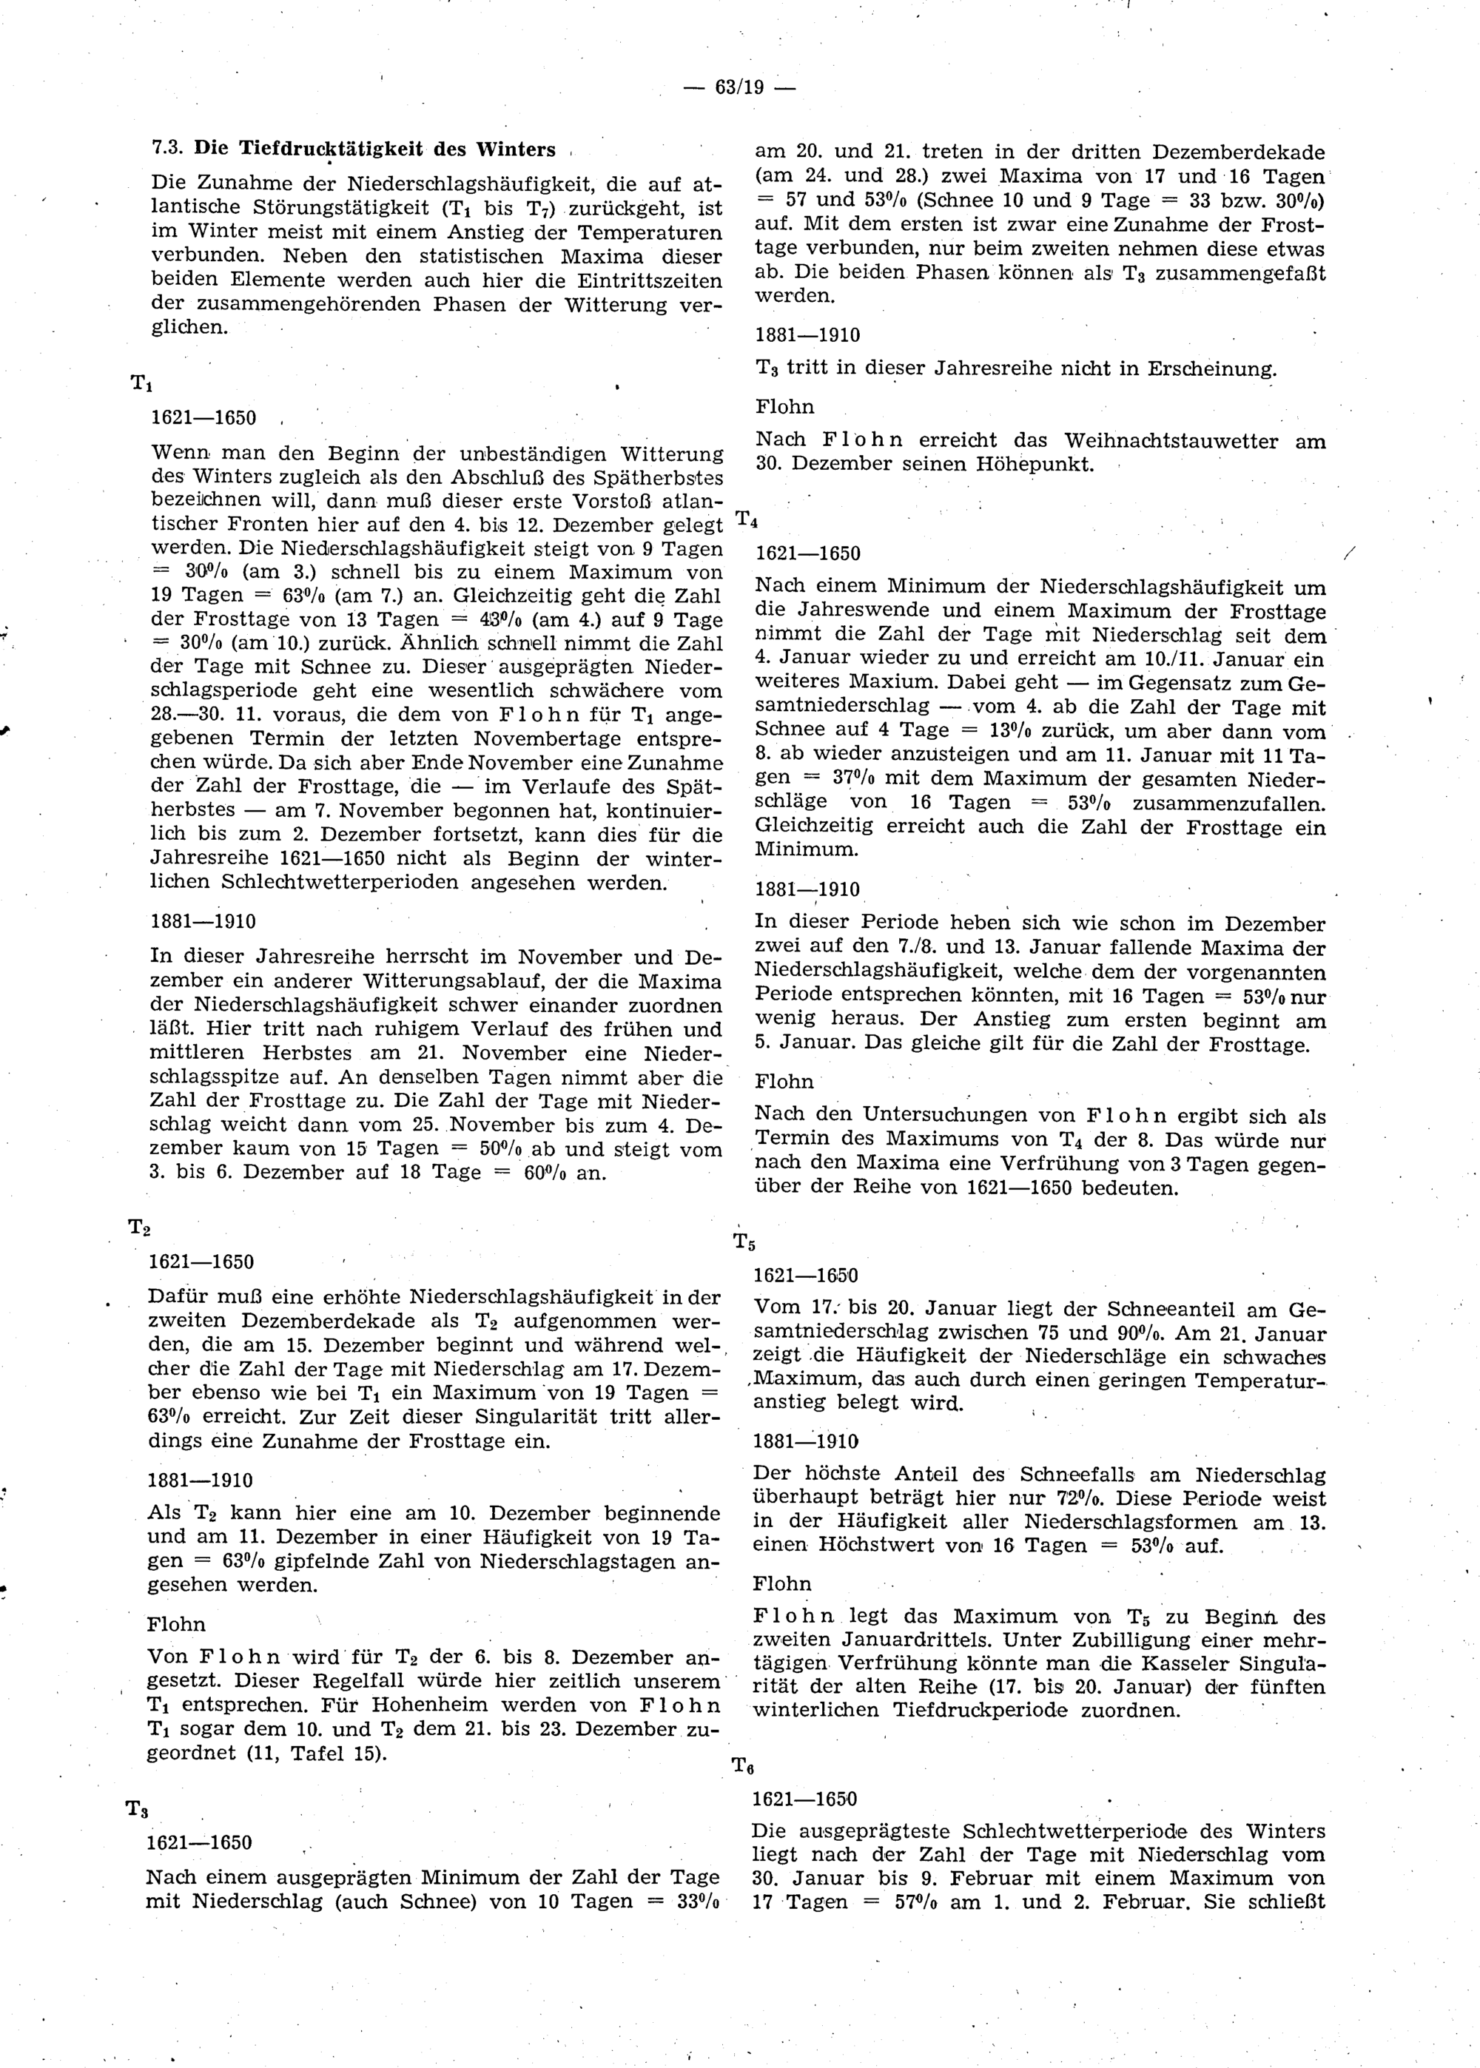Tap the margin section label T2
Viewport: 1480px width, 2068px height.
click(x=138, y=1227)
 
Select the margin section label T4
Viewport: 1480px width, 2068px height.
click(x=747, y=520)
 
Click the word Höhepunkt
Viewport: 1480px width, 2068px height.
click(x=1034, y=464)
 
